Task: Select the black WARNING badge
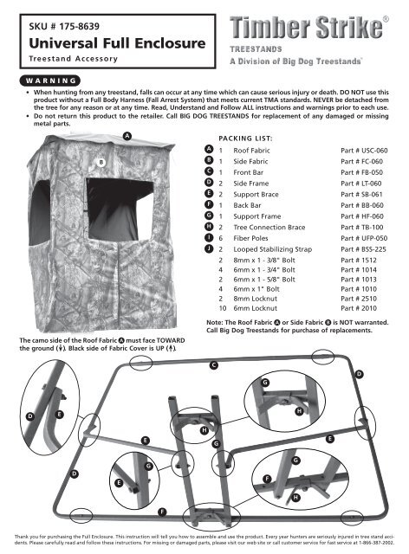pos(50,81)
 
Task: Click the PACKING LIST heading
pos(245,138)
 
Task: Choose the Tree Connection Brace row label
pos(269,227)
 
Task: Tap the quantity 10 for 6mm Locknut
pos(222,308)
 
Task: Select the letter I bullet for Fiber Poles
pos(209,238)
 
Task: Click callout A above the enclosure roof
pos(127,136)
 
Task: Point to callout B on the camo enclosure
pos(101,162)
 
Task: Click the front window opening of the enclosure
pos(120,209)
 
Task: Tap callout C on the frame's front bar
pos(213,365)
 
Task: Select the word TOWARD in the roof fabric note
pos(171,340)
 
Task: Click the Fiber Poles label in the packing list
pos(250,238)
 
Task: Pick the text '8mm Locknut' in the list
pos(255,299)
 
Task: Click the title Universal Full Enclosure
pos(117,43)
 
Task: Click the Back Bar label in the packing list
pos(247,205)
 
